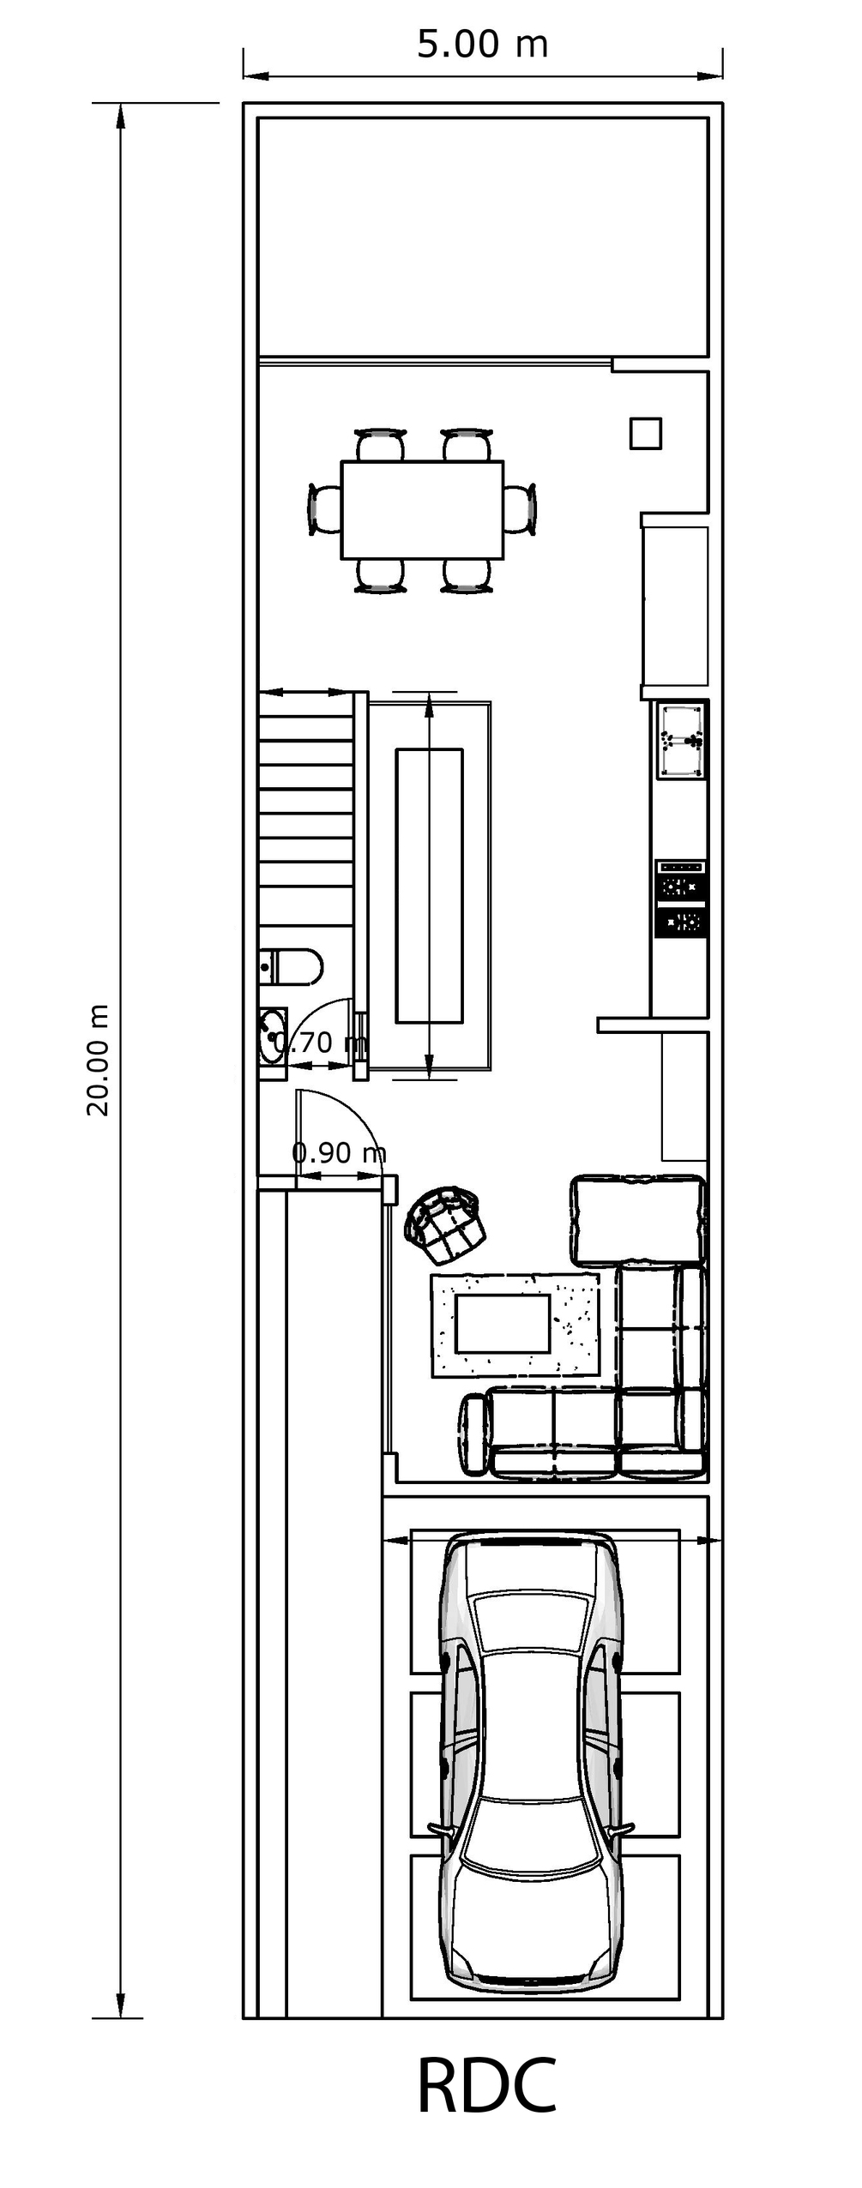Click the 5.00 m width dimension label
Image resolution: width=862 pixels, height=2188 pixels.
482,45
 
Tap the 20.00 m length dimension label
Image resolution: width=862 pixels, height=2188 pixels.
98,1060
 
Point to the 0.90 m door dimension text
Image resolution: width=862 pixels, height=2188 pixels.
339,1152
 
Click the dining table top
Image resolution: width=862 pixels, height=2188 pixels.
422,510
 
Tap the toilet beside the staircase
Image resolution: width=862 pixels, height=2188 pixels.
291,967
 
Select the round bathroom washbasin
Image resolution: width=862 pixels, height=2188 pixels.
274,1037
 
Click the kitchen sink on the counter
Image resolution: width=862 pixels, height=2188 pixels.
682,740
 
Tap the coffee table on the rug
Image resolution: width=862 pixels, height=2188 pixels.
502,1323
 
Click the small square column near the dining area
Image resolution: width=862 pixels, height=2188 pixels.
646,433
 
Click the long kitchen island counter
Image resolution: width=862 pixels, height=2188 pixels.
429,886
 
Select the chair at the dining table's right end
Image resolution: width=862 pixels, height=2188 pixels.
519,510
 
